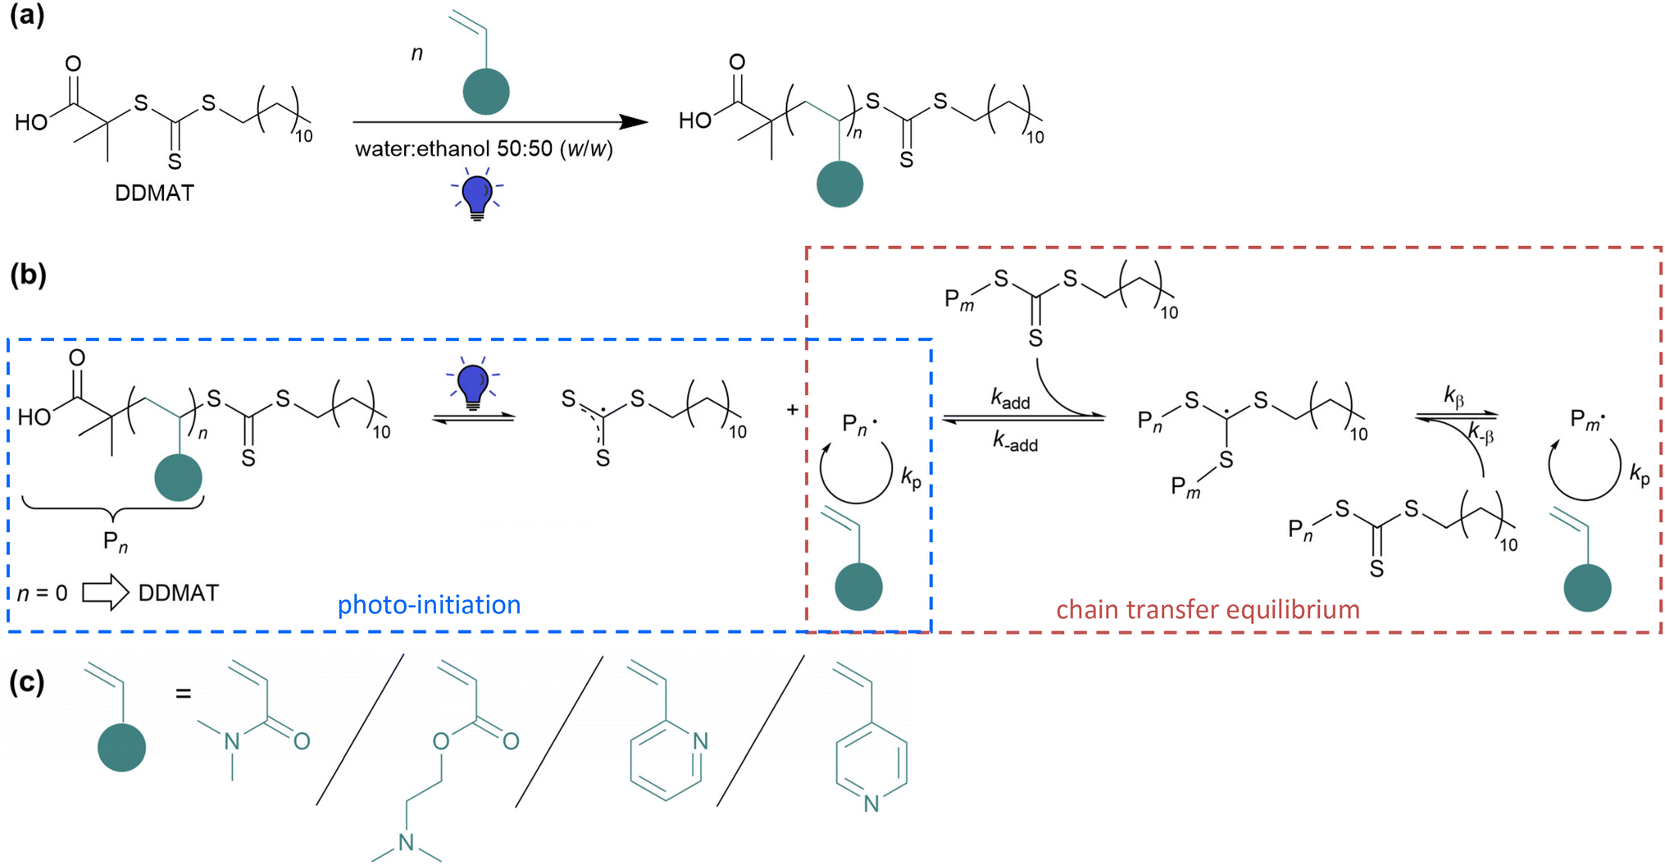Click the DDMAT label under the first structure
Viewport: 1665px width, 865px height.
click(154, 193)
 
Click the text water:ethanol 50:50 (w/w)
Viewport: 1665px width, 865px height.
click(484, 149)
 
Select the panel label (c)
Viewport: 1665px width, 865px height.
click(26, 682)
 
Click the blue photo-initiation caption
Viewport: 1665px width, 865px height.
click(429, 605)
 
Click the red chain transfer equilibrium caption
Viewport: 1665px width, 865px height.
click(1208, 609)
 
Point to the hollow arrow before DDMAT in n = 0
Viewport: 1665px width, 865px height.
click(106, 592)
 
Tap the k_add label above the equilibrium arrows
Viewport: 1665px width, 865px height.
click(1010, 399)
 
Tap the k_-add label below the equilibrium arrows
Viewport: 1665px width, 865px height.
click(1015, 442)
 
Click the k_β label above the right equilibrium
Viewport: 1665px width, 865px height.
click(1453, 398)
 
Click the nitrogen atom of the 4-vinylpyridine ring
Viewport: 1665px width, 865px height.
click(871, 804)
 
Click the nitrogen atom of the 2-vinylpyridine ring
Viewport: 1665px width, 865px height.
click(699, 741)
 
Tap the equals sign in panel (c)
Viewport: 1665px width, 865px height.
click(184, 694)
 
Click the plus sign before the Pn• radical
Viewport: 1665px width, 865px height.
click(792, 409)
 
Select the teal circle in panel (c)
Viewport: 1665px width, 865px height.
click(121, 747)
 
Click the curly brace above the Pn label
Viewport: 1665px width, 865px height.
click(113, 510)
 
